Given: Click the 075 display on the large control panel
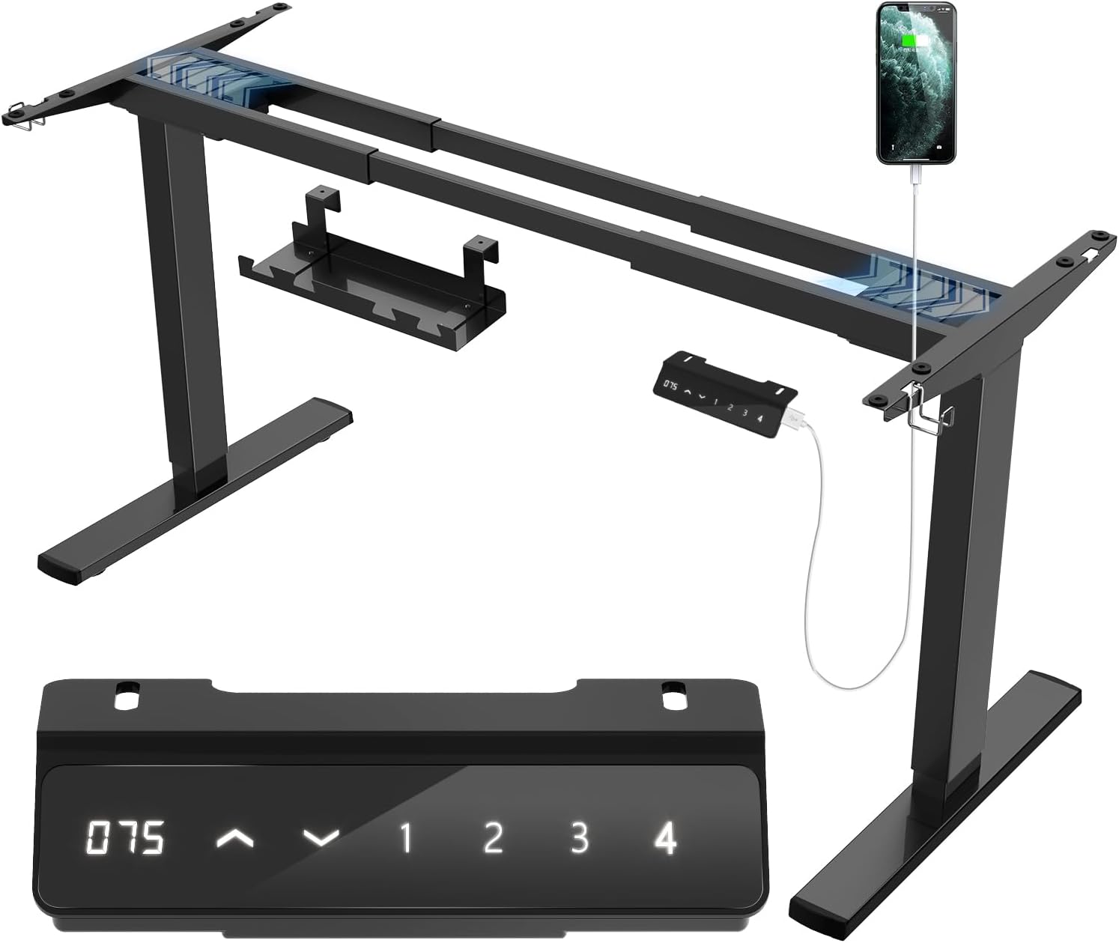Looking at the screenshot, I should point(125,838).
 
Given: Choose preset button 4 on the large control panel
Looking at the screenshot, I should point(665,838).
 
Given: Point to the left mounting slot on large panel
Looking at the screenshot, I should point(126,692).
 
